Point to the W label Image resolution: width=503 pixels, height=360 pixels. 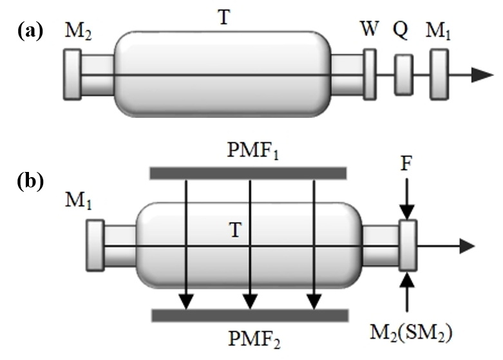point(370,30)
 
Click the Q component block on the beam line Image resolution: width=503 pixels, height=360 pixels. point(404,75)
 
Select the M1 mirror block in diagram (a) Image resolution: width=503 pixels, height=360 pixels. point(439,75)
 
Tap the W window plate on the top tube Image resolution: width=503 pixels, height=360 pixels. point(370,75)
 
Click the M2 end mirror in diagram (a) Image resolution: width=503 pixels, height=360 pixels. point(71,75)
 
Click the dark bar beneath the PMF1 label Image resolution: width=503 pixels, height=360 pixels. point(248,173)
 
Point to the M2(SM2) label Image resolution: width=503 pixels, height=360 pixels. point(418,334)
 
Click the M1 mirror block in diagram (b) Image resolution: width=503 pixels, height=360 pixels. point(95,245)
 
